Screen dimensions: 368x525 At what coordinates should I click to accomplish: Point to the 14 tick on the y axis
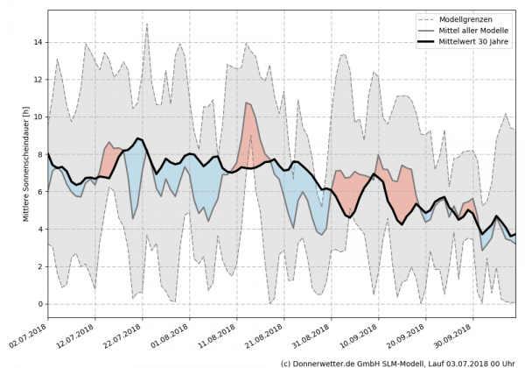tap(38, 42)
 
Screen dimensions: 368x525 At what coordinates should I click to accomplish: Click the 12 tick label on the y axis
tap(38, 80)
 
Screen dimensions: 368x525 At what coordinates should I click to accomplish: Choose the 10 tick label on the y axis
tap(38, 117)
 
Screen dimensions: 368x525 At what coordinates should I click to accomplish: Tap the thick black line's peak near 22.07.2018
tap(138, 138)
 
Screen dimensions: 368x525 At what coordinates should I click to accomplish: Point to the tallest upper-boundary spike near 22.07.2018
tap(147, 25)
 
